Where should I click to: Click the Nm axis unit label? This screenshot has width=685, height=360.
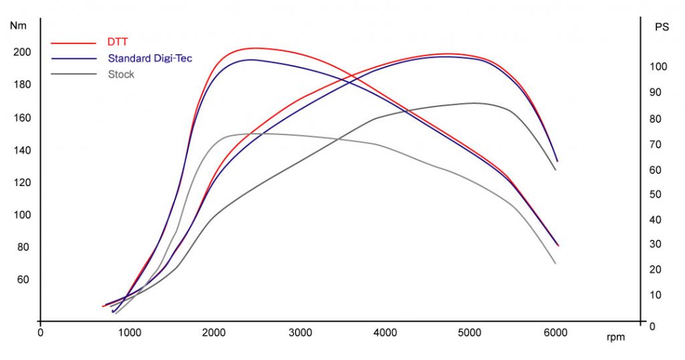(19, 25)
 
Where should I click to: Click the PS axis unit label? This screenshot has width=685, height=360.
(661, 27)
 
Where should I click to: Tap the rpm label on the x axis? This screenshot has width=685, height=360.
(615, 337)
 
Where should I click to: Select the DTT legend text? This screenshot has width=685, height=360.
(117, 41)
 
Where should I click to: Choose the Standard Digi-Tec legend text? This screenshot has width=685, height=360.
(150, 58)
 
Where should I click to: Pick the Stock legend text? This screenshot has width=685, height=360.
(121, 74)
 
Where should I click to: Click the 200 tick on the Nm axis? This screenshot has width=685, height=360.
(23, 52)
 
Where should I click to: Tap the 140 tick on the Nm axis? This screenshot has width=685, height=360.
(23, 150)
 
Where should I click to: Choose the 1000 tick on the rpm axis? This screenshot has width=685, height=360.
(128, 332)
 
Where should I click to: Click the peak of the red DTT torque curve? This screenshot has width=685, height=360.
(254, 48)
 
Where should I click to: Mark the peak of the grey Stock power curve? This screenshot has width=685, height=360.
(474, 103)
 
